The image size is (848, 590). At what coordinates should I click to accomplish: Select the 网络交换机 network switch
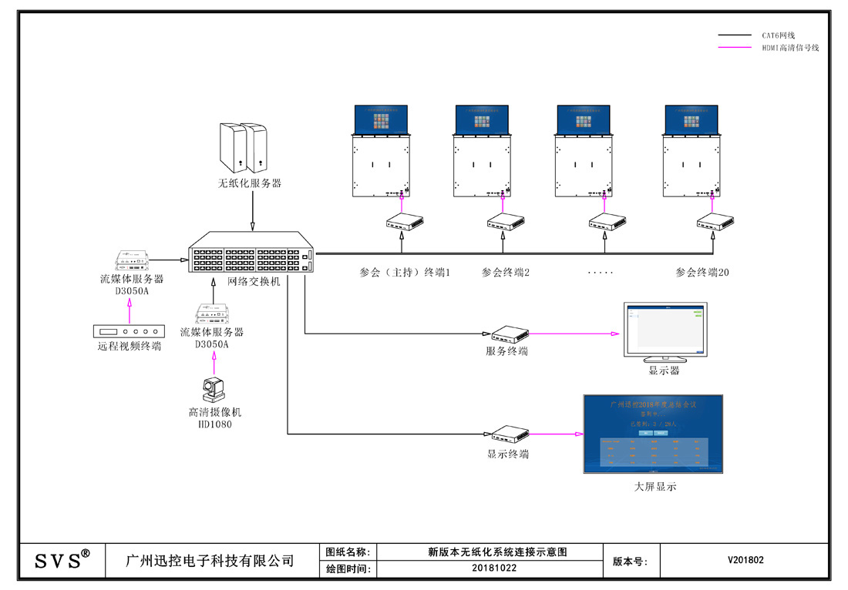252,251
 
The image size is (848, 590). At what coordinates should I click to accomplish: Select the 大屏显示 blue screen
654,434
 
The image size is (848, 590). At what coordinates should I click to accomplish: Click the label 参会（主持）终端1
405,273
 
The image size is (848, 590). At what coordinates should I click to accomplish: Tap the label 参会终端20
702,273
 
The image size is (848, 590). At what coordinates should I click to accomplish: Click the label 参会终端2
506,273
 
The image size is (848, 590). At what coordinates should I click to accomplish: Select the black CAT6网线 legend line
735,35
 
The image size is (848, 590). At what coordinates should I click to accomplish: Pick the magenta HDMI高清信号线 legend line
735,48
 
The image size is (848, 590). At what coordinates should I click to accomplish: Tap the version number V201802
745,560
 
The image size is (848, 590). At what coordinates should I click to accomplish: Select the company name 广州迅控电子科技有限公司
210,560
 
